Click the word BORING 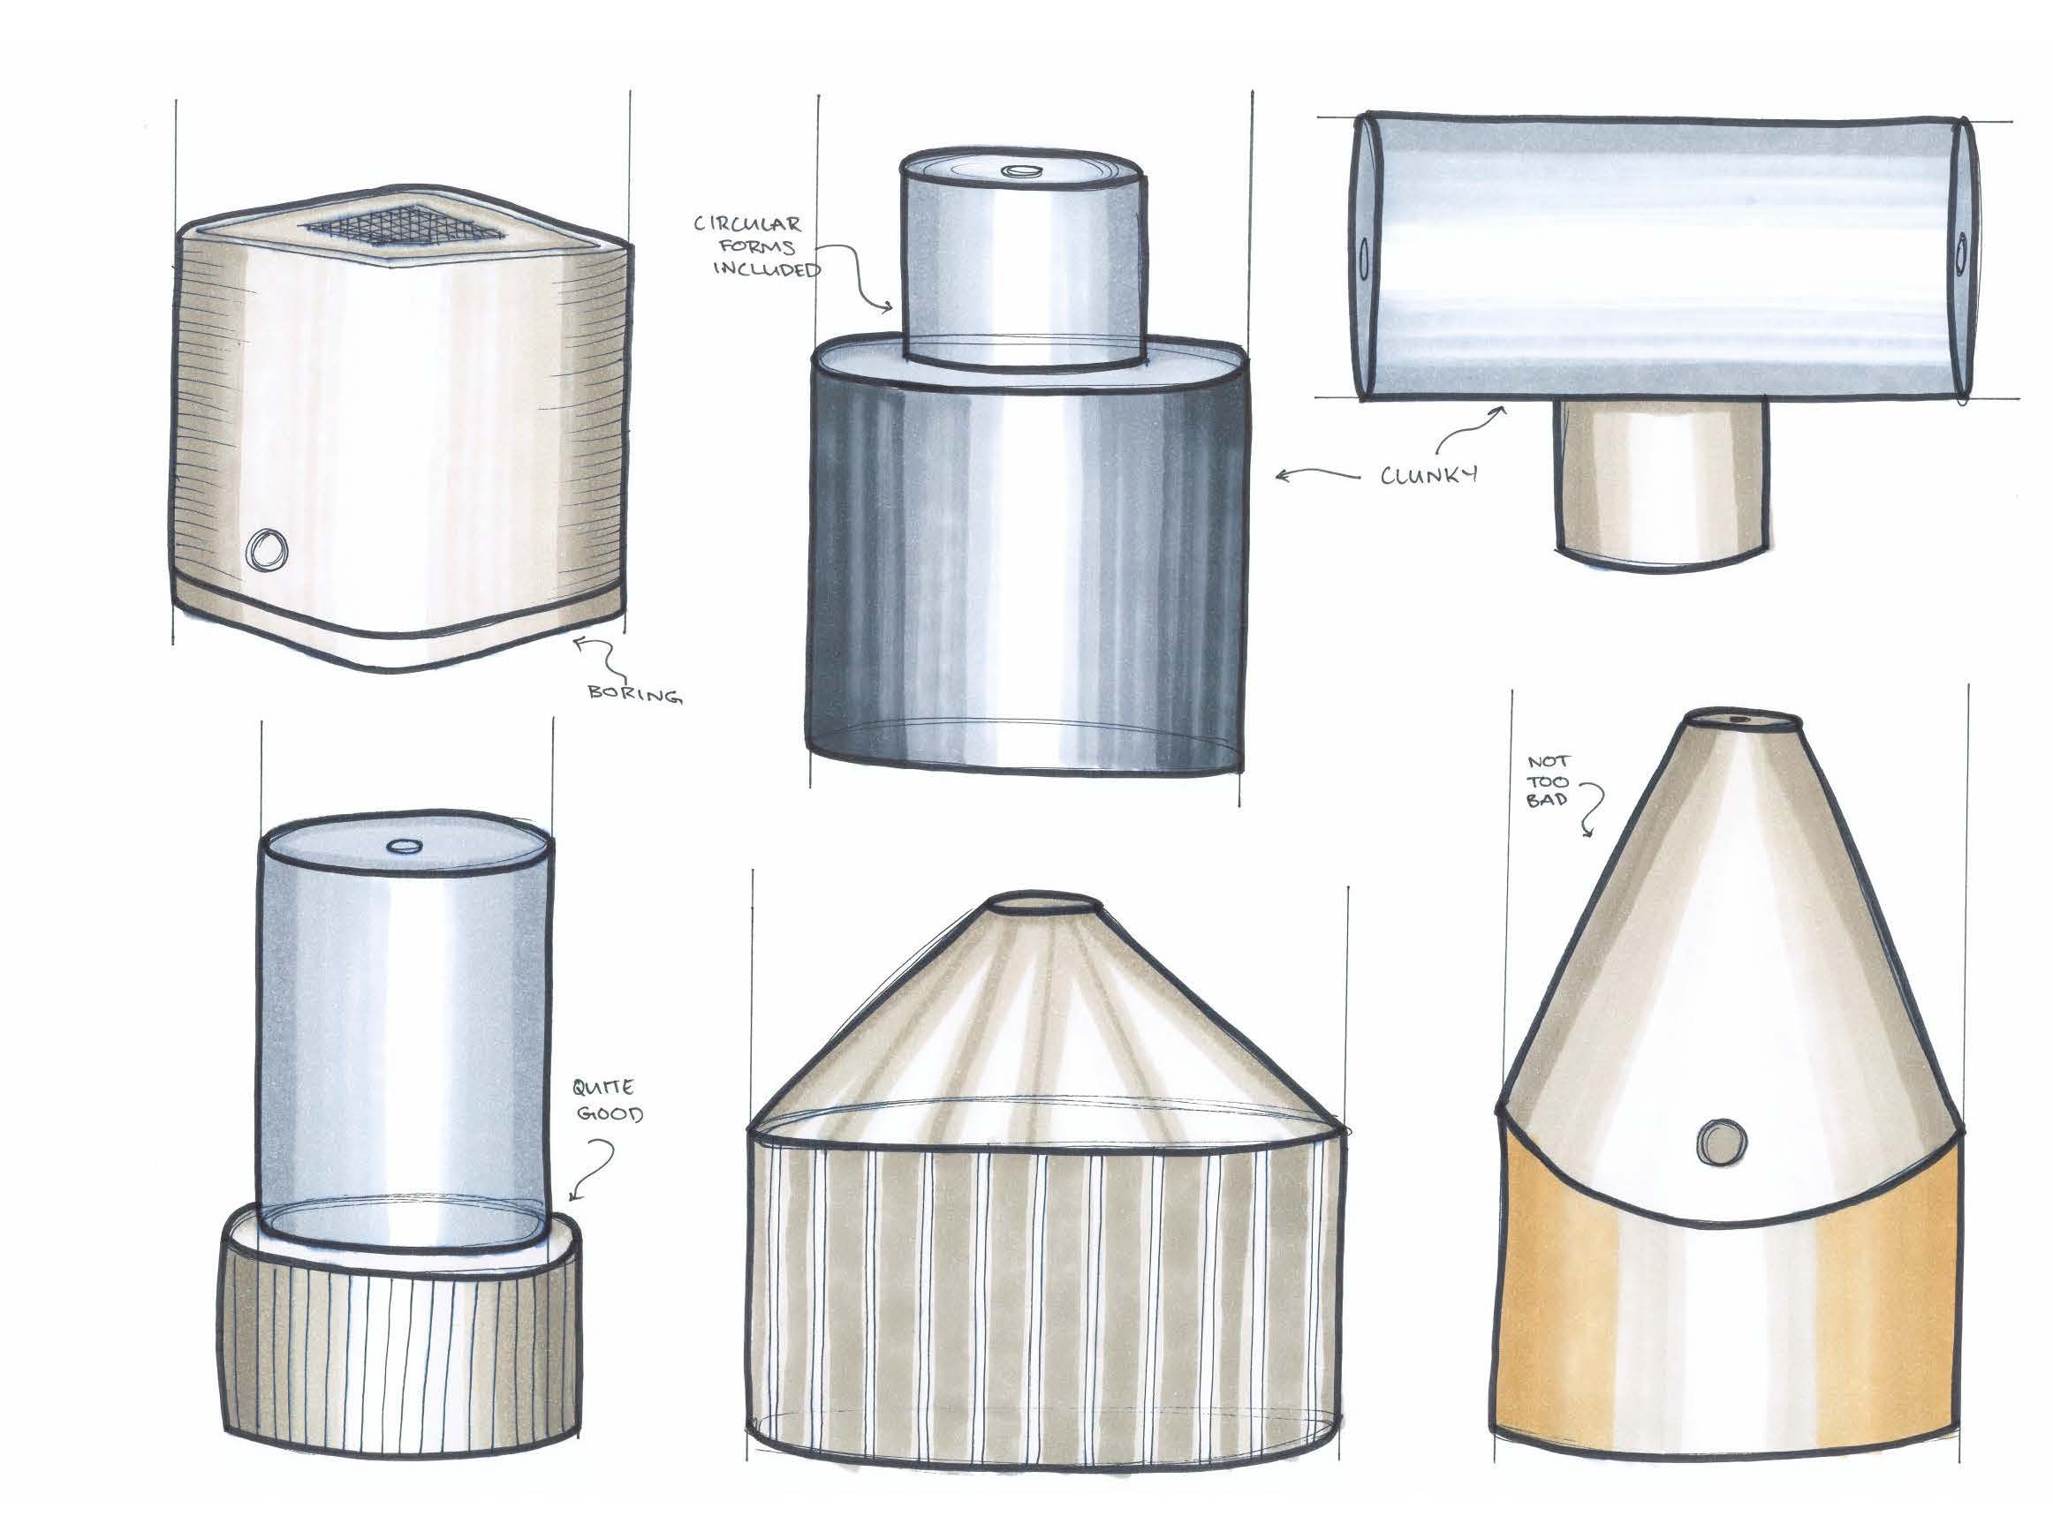click(x=635, y=693)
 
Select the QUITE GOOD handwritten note click(x=608, y=1100)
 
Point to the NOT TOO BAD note click(x=1547, y=781)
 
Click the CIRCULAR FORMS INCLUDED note click(x=757, y=246)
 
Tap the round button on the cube click(x=268, y=550)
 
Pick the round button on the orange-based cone click(x=1722, y=1142)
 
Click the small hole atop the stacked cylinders click(x=1025, y=171)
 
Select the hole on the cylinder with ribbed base click(x=404, y=846)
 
